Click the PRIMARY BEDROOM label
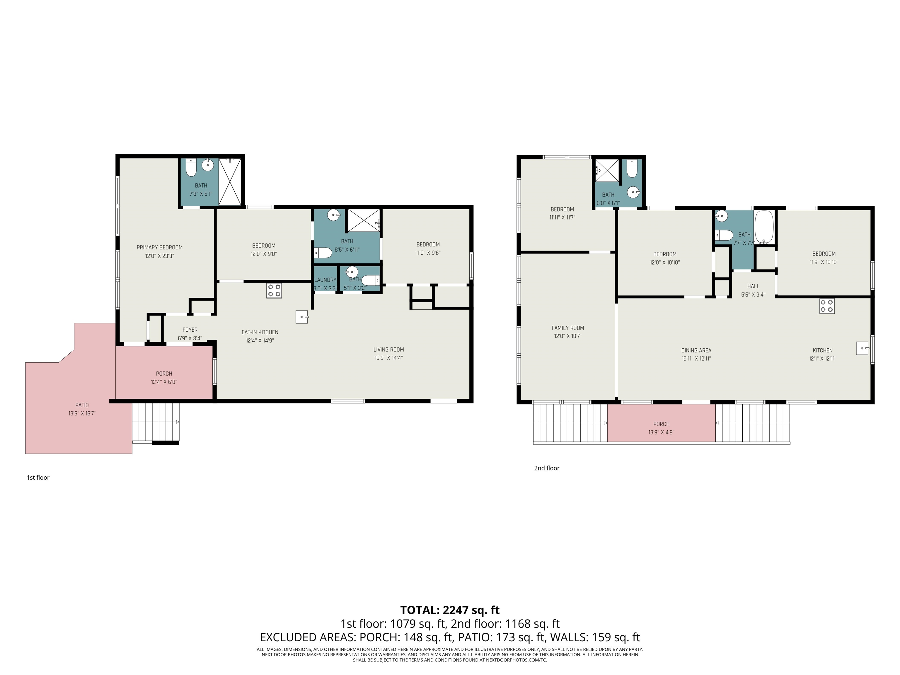coord(159,247)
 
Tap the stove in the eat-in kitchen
coord(274,291)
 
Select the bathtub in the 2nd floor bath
coord(764,227)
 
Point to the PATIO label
coord(82,405)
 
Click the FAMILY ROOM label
coord(567,328)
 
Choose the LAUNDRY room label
coord(325,280)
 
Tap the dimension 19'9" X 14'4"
coord(388,358)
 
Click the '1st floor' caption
coord(38,478)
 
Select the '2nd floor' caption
coord(546,468)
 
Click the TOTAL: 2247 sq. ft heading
coord(450,610)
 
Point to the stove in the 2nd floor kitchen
coord(826,306)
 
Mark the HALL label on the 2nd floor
coord(753,287)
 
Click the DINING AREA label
coord(696,350)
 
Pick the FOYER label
coord(190,330)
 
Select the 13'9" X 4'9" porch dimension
coord(661,432)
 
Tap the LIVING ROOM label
coord(388,350)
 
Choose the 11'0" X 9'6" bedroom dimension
coord(428,253)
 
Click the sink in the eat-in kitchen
coord(301,316)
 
